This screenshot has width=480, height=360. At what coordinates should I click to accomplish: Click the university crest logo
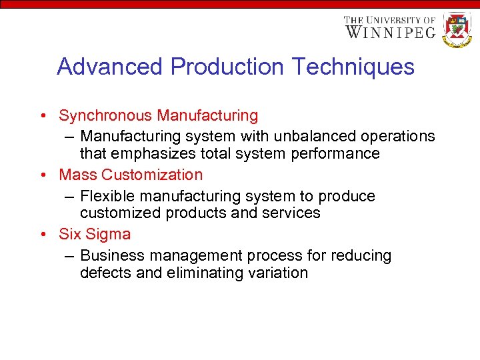click(x=457, y=29)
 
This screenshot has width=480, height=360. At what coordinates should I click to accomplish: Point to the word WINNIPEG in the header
click(x=389, y=31)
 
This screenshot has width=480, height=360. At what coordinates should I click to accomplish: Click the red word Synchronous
click(x=105, y=116)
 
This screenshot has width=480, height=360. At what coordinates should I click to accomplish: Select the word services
click(x=293, y=213)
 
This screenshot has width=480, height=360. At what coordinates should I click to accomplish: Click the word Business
click(x=111, y=256)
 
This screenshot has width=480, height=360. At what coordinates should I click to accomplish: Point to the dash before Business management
click(x=70, y=256)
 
